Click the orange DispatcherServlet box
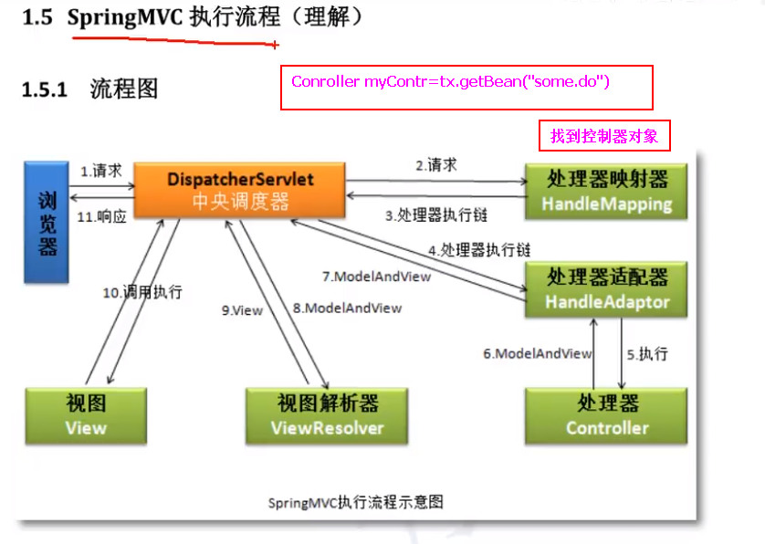(x=240, y=190)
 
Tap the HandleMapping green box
(x=606, y=191)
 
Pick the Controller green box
(x=607, y=415)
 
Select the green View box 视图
(x=86, y=415)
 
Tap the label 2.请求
(x=436, y=165)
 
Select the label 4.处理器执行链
(x=479, y=248)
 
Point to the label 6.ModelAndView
(x=538, y=353)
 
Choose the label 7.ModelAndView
(x=376, y=275)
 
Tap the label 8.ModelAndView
(x=347, y=309)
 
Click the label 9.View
(x=242, y=310)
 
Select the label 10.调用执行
(x=141, y=292)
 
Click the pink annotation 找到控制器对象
(x=604, y=136)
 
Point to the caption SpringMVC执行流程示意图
(x=356, y=502)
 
